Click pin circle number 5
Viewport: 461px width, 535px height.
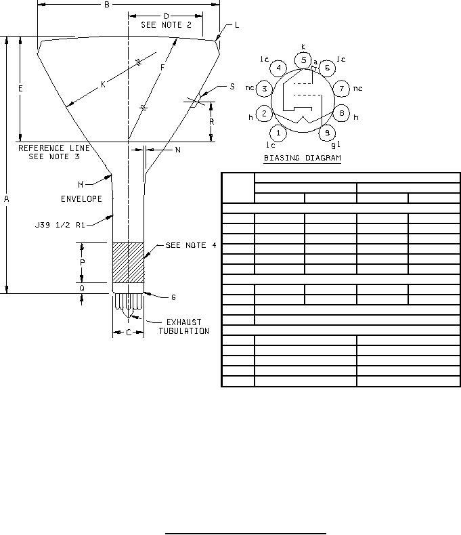303,60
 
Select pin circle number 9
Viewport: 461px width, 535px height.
328,133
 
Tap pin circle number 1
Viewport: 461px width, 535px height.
279,133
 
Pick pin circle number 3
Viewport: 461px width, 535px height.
264,89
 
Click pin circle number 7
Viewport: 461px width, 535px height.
341,89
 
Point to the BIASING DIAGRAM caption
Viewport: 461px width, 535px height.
303,158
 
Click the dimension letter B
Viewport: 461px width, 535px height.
107,5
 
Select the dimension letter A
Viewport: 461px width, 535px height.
7,199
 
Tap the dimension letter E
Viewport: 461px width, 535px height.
20,89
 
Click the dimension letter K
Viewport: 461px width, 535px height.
104,85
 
